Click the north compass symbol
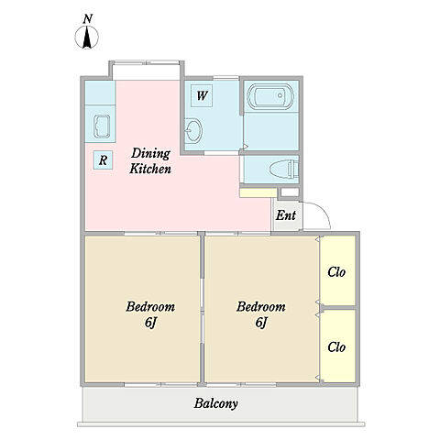(x=86, y=38)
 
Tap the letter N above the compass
(x=88, y=19)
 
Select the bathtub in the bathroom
(x=270, y=96)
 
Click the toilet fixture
(x=284, y=169)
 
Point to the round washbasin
(x=193, y=131)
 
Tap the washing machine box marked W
(x=202, y=95)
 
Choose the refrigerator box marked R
(x=103, y=159)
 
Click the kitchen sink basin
(x=102, y=126)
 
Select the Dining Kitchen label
(x=150, y=161)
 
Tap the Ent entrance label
(x=286, y=215)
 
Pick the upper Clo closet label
(x=336, y=272)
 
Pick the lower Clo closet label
(x=336, y=347)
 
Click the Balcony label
(x=216, y=403)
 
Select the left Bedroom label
(x=150, y=307)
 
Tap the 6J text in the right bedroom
(x=261, y=323)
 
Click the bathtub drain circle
(x=280, y=95)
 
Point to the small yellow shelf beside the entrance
(x=258, y=193)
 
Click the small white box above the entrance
(x=290, y=192)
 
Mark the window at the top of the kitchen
(x=146, y=63)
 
